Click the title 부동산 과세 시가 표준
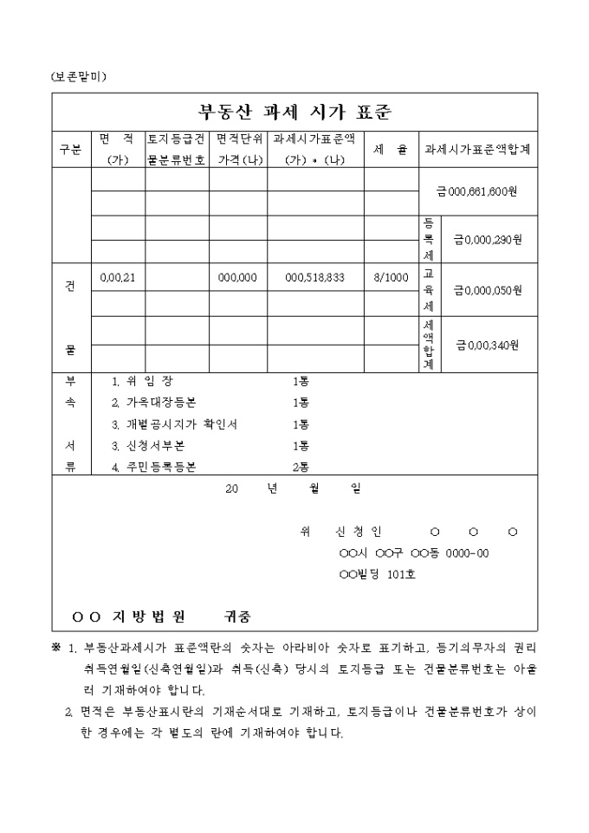294,111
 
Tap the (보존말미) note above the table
79,77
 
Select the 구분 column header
70,150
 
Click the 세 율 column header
390,150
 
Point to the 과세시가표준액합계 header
477,150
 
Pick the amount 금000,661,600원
477,191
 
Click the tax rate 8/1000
390,277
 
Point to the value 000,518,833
315,277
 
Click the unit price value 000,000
237,277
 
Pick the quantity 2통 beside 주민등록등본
301,468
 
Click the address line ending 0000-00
414,552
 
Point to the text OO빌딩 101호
377,573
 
